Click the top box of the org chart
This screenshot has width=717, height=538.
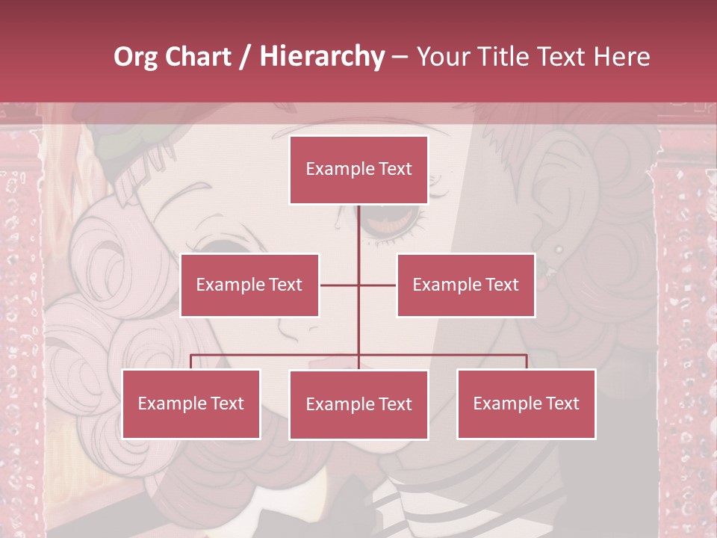pyautogui.click(x=358, y=170)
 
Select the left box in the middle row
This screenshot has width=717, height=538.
pyautogui.click(x=249, y=285)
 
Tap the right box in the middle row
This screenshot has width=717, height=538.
pyautogui.click(x=465, y=285)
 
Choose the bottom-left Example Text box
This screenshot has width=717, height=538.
pyautogui.click(x=191, y=403)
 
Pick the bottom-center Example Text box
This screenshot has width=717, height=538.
pyautogui.click(x=358, y=404)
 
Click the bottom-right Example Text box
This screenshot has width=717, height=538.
pyautogui.click(x=526, y=403)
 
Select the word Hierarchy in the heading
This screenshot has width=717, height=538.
pyautogui.click(x=321, y=57)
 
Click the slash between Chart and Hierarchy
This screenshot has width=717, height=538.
pyautogui.click(x=246, y=57)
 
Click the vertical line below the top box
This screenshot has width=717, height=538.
pyautogui.click(x=358, y=239)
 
